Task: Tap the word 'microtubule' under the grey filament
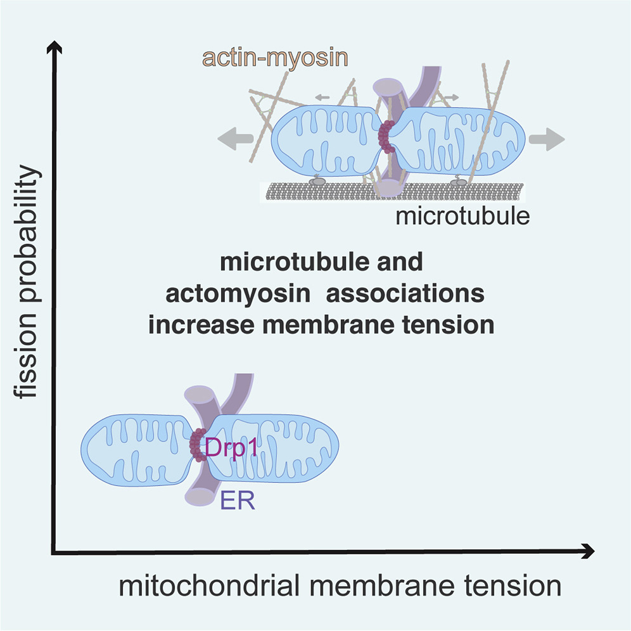tap(462, 216)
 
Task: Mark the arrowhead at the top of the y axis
tap(56, 47)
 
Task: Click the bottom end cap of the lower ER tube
tap(198, 497)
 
